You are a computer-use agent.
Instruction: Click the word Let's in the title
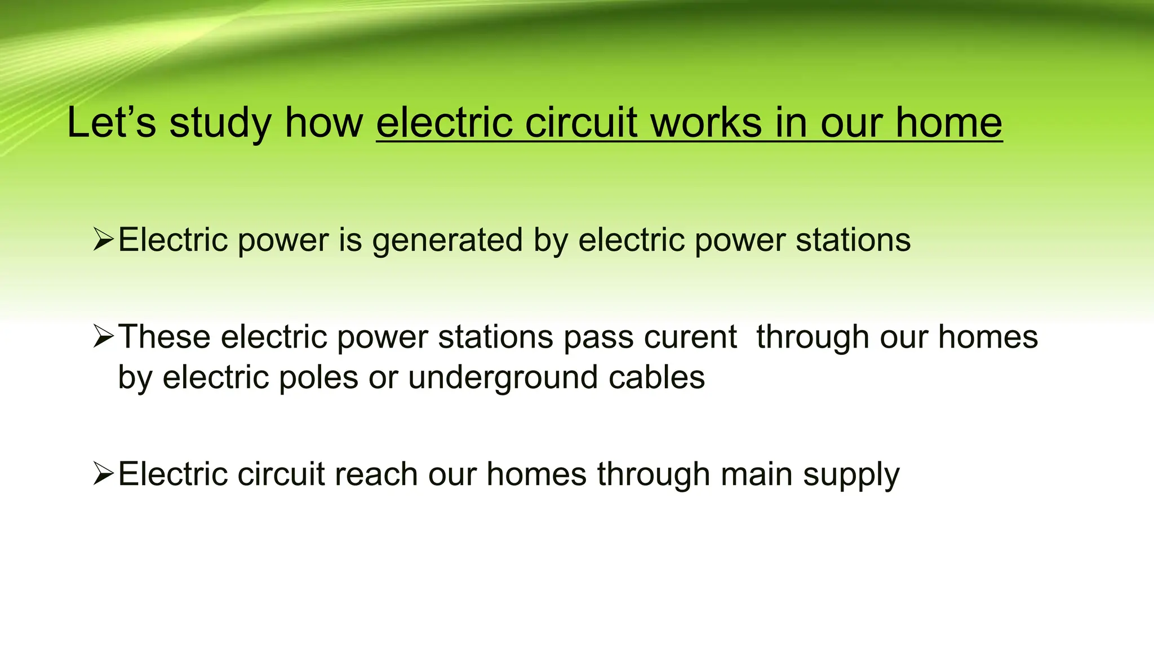click(111, 123)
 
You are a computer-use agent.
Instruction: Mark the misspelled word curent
click(690, 337)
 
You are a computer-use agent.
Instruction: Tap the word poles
click(318, 377)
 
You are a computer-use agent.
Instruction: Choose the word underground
click(503, 377)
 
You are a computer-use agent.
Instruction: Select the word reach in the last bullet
click(376, 474)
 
